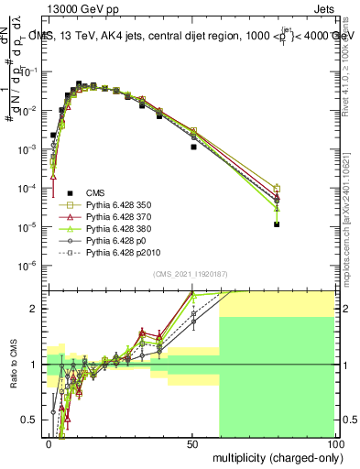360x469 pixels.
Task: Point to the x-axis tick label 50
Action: click(x=191, y=443)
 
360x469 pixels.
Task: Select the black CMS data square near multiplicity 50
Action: click(x=193, y=147)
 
